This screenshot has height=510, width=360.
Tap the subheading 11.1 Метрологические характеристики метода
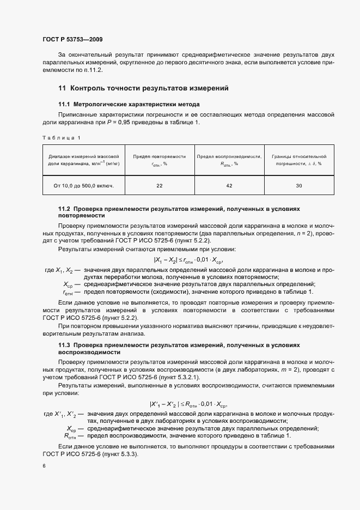(x=129, y=104)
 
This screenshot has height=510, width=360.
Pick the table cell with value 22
(x=160, y=186)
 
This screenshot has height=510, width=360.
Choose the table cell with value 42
(x=229, y=186)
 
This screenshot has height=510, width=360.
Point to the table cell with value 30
(x=299, y=186)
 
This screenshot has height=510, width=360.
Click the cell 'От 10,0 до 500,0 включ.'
(x=84, y=186)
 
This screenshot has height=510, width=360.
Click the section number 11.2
(x=64, y=209)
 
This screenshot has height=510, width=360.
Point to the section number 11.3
(x=64, y=345)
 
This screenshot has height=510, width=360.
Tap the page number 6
(x=44, y=466)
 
